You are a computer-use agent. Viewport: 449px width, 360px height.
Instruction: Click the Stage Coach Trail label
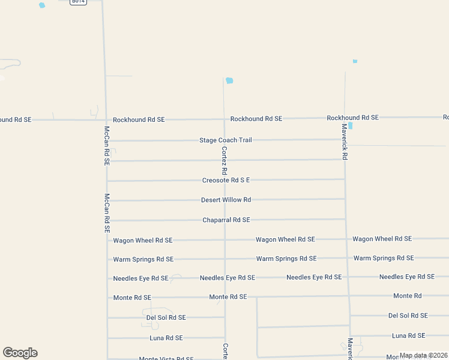pos(226,140)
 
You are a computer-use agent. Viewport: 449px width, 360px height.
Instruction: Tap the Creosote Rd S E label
pos(226,180)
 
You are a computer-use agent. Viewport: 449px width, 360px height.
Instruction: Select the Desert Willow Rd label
pos(226,200)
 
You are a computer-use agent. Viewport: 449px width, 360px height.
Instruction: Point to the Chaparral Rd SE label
pos(226,220)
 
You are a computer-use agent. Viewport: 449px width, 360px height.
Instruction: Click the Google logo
pos(20,353)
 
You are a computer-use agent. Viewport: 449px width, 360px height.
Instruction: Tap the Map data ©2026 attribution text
pos(423,355)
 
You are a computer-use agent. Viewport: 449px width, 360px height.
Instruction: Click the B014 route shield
pos(78,2)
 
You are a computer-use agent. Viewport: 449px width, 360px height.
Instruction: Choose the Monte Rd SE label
pos(228,297)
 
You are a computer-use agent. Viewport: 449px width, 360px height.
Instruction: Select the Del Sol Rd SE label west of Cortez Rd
pos(166,317)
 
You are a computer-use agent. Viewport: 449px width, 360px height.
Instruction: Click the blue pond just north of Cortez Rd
pos(229,80)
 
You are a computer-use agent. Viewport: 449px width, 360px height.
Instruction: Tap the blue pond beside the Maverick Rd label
pos(350,126)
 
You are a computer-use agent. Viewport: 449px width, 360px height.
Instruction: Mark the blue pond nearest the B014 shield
pos(42,5)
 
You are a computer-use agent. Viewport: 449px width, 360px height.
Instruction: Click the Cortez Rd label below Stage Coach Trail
pos(224,159)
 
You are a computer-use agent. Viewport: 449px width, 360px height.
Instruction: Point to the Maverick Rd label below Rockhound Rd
pos(345,142)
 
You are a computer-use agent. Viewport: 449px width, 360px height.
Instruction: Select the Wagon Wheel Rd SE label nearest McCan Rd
pos(143,241)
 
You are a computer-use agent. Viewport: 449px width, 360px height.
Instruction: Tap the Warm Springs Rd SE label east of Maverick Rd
pos(384,258)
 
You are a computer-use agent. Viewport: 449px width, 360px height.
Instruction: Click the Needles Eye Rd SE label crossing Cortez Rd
pos(228,278)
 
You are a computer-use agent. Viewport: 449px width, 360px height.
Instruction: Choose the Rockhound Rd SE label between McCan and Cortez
pos(139,120)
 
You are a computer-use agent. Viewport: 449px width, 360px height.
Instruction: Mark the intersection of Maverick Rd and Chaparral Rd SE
pos(345,219)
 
